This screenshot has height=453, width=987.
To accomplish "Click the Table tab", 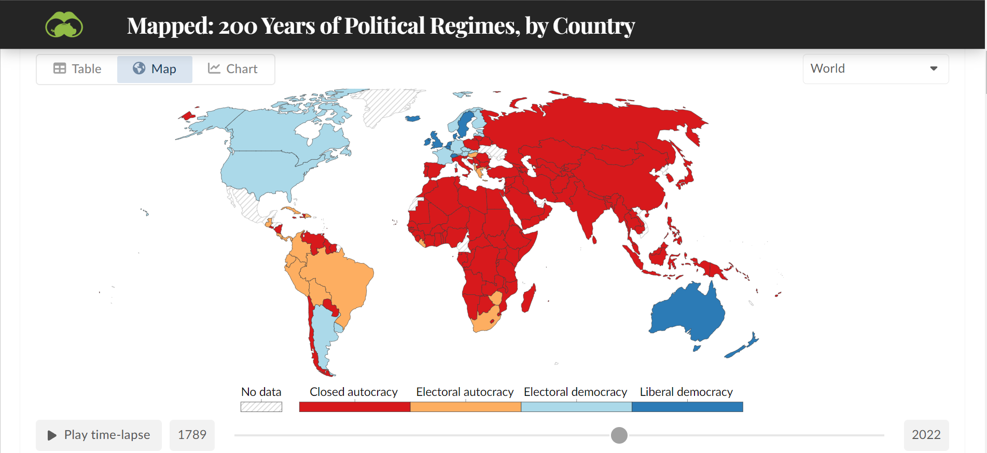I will (77, 69).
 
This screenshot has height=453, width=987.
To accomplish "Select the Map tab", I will (155, 69).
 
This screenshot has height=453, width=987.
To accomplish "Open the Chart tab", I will (233, 69).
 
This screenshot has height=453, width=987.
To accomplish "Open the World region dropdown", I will (875, 69).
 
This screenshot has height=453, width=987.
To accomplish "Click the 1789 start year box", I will (192, 435).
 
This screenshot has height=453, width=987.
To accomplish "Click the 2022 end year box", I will (926, 435).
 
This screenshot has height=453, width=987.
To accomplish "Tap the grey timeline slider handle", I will (619, 435).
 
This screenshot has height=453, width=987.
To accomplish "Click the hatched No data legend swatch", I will (261, 407).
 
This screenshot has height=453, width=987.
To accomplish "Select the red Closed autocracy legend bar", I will (354, 407).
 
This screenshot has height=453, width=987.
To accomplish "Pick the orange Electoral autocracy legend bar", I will (465, 407).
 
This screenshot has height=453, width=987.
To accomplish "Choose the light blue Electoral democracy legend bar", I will (576, 407).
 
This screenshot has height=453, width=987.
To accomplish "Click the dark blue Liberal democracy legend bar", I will (687, 407).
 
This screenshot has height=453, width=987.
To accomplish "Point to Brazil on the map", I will (337, 280).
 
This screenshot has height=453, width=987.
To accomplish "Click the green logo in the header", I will (64, 25).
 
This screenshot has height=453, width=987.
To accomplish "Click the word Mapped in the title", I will (169, 26).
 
